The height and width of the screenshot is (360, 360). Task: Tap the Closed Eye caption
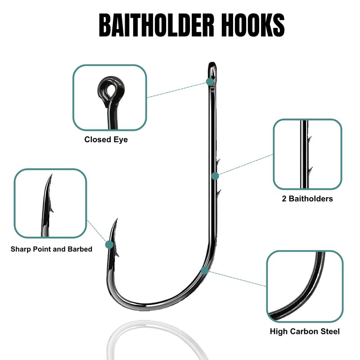point(106,139)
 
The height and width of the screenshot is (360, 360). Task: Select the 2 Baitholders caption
point(308,198)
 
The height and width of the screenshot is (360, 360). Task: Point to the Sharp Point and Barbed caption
point(51,249)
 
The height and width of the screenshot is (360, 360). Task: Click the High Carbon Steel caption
point(305,332)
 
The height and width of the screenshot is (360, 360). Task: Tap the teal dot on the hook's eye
point(210,81)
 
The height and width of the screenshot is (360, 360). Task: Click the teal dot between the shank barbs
point(215,175)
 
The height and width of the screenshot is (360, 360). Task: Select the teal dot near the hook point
point(109,245)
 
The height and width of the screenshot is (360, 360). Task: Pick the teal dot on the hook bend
point(205,270)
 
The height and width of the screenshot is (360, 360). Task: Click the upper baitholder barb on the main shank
point(217,162)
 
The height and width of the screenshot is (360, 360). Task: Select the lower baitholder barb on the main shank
point(218,193)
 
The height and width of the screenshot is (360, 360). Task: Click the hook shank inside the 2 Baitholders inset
point(302,153)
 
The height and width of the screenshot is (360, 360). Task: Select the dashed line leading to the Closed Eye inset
point(178,89)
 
